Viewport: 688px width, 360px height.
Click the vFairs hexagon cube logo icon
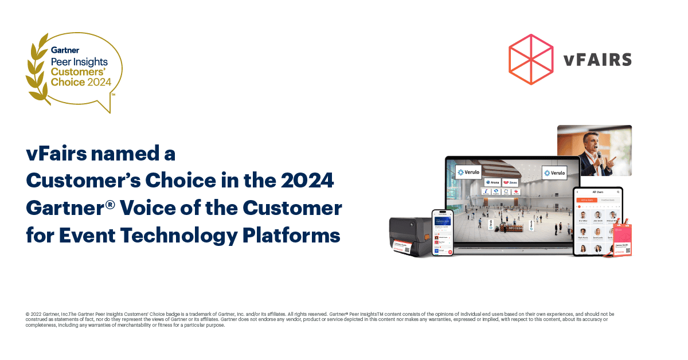(x=531, y=59)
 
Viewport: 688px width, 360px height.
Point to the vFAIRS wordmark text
(x=597, y=60)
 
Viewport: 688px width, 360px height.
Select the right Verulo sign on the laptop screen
(x=554, y=173)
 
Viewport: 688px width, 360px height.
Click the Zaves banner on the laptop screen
(x=510, y=182)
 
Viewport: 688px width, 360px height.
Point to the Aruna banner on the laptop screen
(x=491, y=182)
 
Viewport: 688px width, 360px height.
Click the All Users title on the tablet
(x=597, y=191)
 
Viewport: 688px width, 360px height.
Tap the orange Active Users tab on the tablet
(x=585, y=199)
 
